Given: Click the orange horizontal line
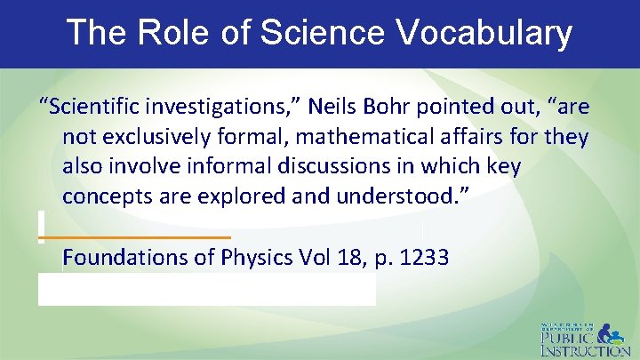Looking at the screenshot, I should coord(136,237).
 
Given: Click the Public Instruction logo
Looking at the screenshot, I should coord(584,338).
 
